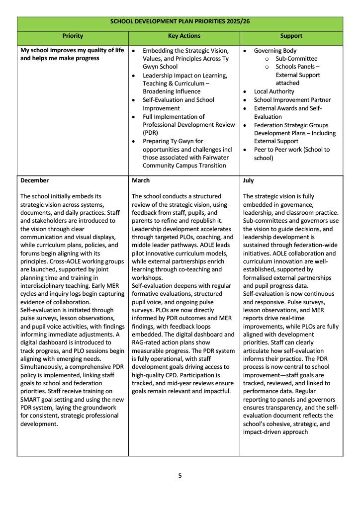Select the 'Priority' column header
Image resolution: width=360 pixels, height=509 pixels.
73,36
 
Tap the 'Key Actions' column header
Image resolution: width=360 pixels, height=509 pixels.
184,36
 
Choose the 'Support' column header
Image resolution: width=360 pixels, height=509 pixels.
291,36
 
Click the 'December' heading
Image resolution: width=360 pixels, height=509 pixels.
35,180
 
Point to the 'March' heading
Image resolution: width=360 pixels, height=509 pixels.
141,180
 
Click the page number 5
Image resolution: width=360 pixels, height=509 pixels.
180,476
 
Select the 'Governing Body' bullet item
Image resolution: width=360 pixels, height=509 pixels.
275,51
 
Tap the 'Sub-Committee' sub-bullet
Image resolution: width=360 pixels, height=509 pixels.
296,59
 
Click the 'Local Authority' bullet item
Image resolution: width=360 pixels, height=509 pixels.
274,91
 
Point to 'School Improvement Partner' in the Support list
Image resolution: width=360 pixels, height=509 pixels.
292,100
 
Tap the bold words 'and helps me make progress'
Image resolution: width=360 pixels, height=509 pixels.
60,59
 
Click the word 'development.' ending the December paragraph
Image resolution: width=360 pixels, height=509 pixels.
39,424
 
